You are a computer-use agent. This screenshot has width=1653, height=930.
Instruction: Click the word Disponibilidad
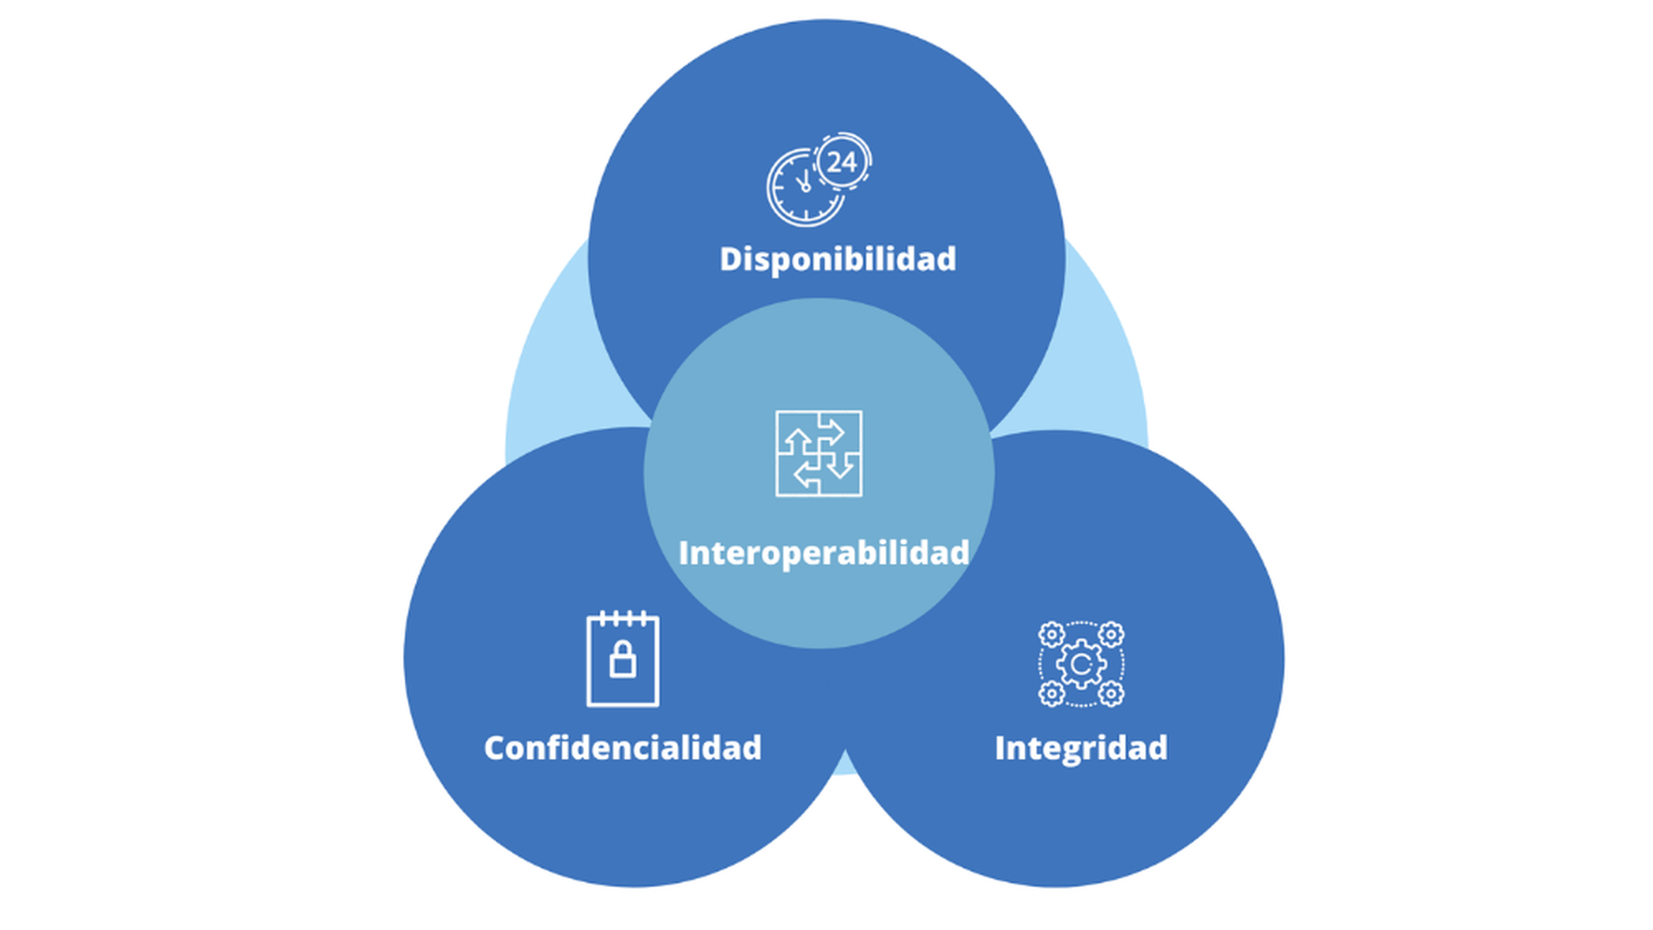[837, 259]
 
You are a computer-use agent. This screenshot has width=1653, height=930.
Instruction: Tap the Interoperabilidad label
[824, 553]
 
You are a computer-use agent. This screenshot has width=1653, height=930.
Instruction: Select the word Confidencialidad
[622, 747]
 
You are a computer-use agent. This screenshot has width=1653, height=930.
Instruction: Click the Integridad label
[1080, 747]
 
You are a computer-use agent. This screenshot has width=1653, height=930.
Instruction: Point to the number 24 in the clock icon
[841, 161]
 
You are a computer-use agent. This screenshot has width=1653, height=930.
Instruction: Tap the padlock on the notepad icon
[622, 660]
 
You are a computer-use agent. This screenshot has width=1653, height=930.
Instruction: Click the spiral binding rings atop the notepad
[622, 617]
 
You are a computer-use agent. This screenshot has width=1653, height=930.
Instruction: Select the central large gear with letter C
[1081, 664]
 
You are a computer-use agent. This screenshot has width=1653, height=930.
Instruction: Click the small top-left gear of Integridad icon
[1051, 635]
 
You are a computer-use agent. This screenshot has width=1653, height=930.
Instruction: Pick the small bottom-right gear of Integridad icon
[1111, 693]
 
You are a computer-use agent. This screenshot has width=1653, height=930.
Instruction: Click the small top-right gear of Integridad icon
[1111, 635]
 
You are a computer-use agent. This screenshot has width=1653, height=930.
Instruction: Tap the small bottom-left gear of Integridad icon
[1051, 693]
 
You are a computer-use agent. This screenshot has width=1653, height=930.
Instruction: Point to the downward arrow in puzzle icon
[840, 466]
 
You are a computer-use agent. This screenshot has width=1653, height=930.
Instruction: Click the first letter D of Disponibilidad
[729, 259]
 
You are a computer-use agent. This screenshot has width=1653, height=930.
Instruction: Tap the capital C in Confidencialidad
[495, 747]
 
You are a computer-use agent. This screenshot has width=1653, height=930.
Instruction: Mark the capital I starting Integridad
[1000, 747]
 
